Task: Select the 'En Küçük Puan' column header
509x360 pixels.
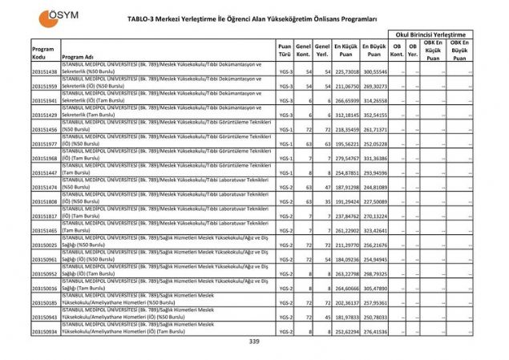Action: pos(345,51)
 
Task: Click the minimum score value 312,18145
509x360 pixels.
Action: pos(345,115)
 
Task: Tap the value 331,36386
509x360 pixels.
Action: pos(374,158)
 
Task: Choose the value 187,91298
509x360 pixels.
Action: pos(345,187)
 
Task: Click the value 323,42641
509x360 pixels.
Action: pos(374,230)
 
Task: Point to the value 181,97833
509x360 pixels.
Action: pos(345,317)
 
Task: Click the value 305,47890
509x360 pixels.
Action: pos(374,288)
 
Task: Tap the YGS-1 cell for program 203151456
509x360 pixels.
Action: pos(285,129)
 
